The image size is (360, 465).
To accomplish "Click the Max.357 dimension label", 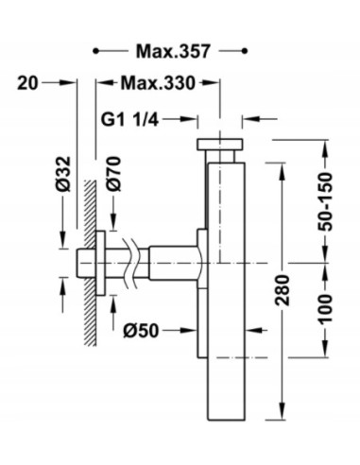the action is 173,51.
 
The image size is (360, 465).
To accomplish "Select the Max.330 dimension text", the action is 158,83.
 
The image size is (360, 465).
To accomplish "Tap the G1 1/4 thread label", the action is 129,120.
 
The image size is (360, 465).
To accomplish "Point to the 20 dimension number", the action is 27,83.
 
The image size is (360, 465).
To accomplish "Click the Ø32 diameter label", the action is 63,174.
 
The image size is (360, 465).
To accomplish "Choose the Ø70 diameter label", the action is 113,174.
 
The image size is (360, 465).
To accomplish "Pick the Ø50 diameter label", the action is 141,331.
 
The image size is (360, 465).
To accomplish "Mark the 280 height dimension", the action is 283,290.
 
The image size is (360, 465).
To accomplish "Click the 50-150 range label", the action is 325,202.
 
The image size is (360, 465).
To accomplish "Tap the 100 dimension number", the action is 325,308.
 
